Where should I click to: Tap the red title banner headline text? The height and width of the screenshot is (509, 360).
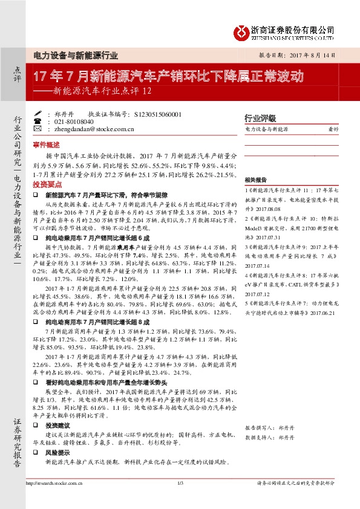click(168, 77)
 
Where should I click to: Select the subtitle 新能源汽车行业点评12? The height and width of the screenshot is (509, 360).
click(97, 92)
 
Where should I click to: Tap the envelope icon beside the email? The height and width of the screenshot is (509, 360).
click(38, 129)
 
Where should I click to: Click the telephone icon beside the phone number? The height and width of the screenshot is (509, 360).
click(38, 121)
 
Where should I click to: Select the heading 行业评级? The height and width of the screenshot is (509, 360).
click(260, 118)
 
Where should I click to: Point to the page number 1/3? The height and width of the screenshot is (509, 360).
click(180, 482)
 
